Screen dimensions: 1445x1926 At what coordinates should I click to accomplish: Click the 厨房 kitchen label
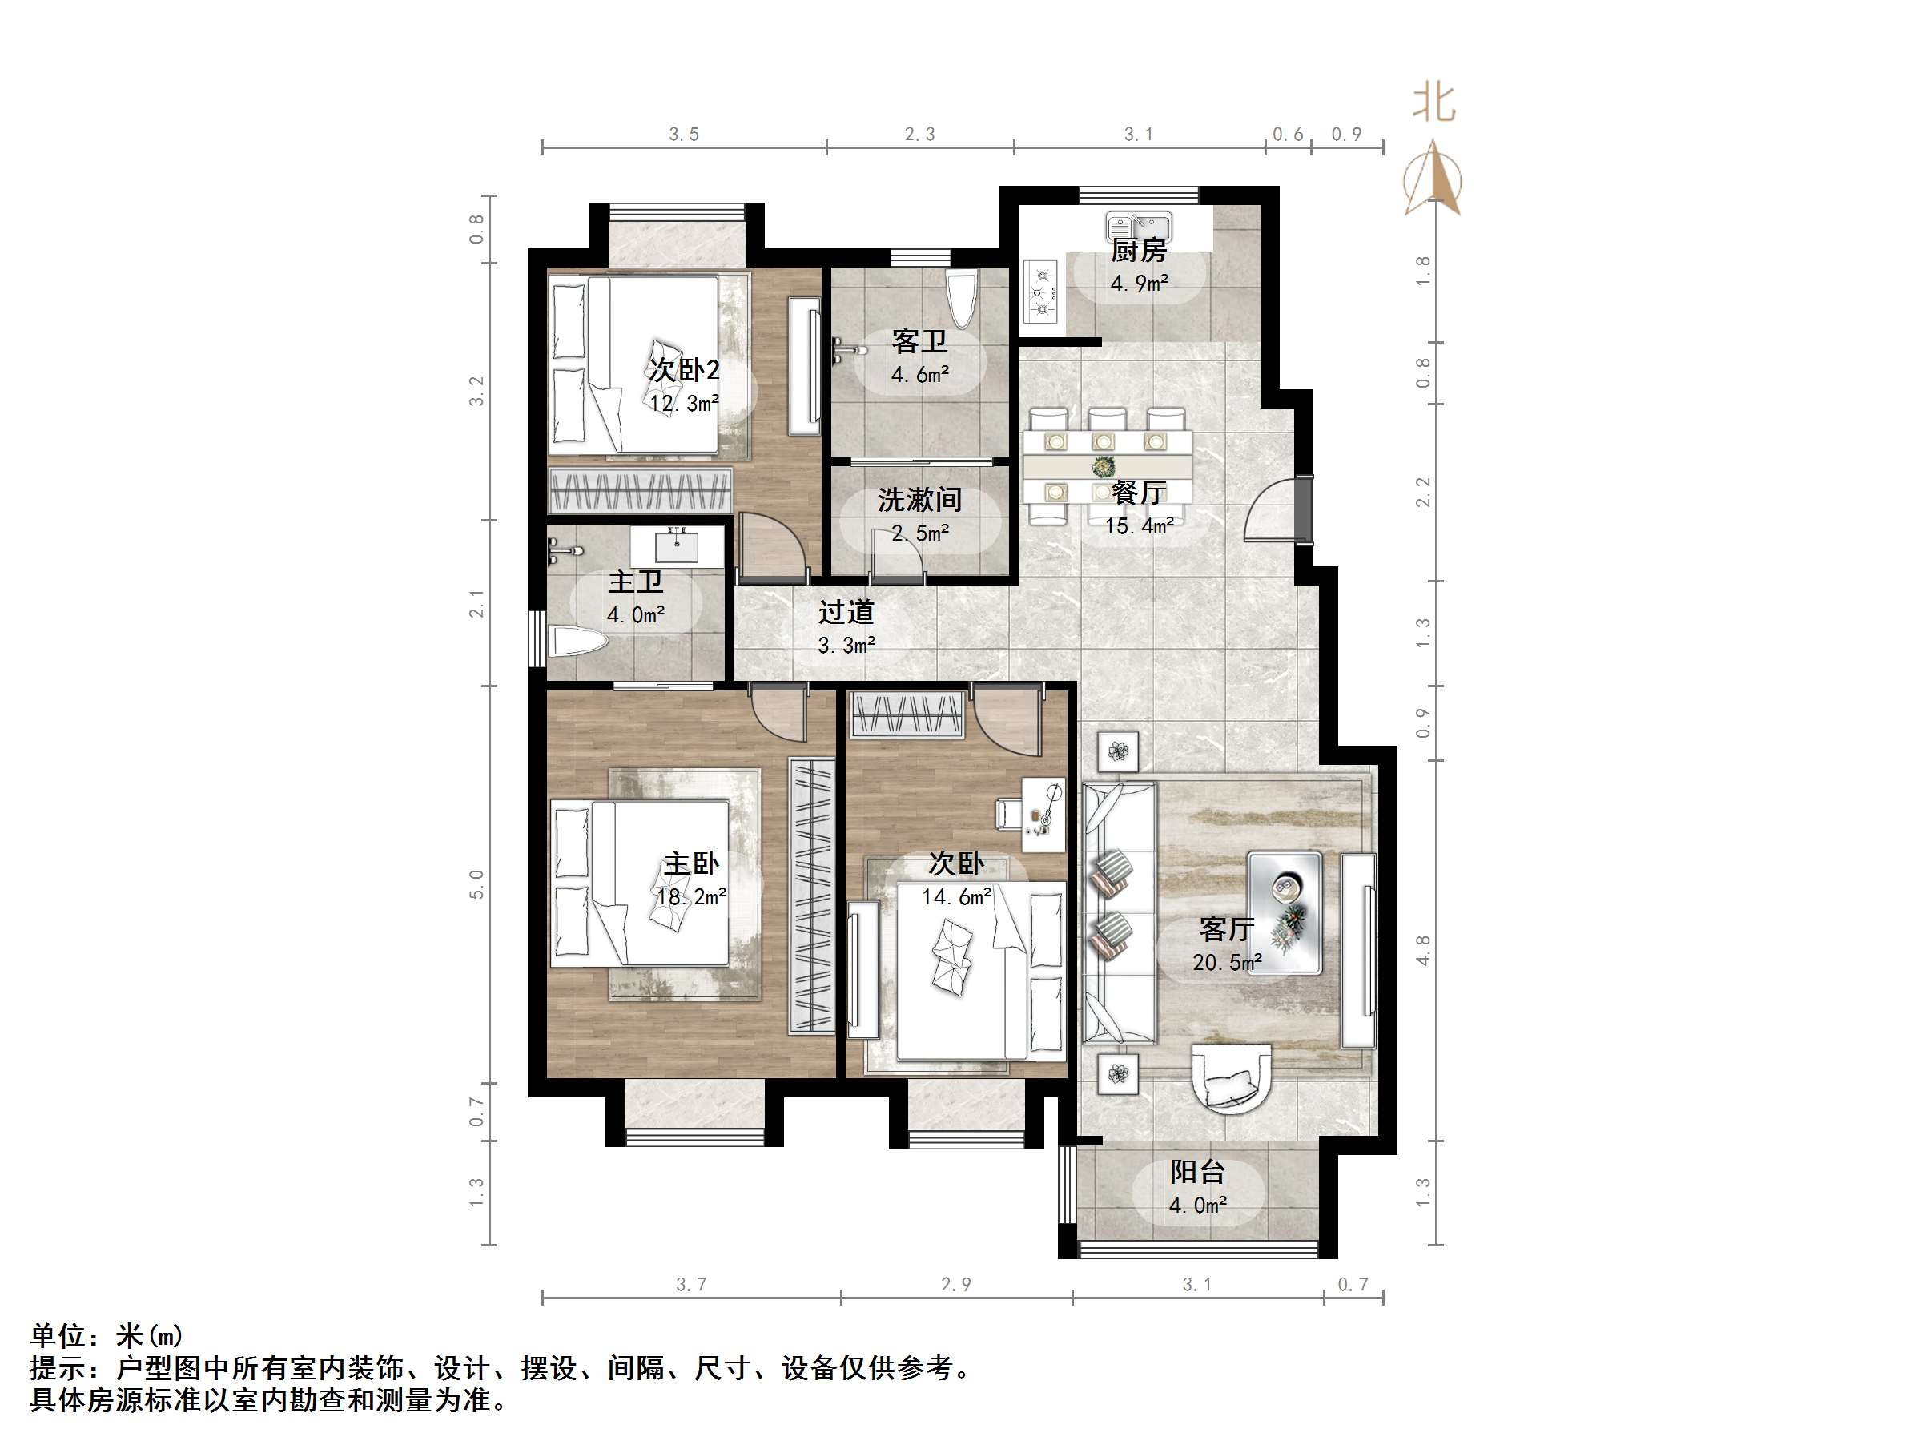[1138, 251]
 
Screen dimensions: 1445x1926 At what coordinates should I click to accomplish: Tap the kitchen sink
[1138, 226]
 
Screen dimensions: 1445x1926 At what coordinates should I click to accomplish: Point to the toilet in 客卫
[961, 297]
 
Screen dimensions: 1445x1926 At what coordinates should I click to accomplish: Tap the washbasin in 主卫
[677, 545]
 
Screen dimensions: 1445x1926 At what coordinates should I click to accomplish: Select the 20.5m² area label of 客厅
[1227, 963]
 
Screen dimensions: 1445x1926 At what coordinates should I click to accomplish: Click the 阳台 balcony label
[1197, 1173]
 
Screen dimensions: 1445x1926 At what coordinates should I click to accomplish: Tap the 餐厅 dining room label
[1139, 493]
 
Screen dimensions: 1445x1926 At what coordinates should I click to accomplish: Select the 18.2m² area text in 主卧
[691, 896]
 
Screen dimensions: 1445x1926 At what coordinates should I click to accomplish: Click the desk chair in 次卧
[1008, 813]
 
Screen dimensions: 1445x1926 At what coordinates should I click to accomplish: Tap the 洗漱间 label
[919, 500]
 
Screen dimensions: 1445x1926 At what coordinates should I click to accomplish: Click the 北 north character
[1433, 103]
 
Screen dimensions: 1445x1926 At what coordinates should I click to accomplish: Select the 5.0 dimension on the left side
[476, 884]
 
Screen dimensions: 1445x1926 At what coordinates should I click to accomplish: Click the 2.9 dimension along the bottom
[955, 1285]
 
